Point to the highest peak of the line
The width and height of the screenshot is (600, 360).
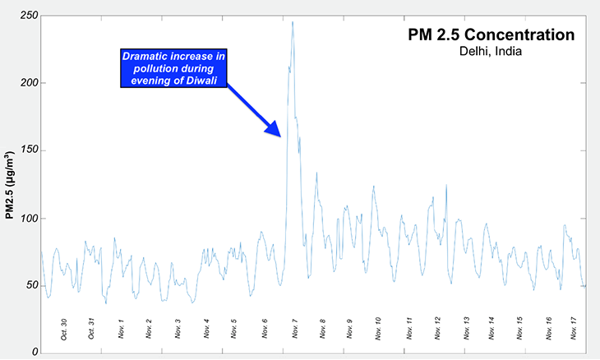pos(293,22)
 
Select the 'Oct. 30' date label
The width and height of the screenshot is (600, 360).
pos(63,327)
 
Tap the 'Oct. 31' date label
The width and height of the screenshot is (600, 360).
pos(92,327)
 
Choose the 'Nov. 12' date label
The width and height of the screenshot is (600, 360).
pos(437,327)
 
